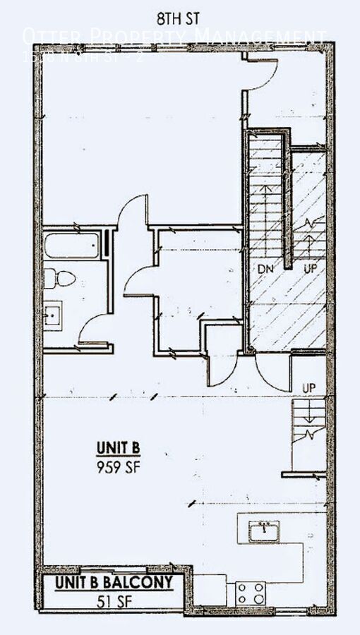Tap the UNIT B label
[x=119, y=447]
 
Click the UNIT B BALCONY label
[x=114, y=583]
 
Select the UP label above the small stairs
[x=308, y=388]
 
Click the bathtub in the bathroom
[x=71, y=247]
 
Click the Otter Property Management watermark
[x=174, y=35]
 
